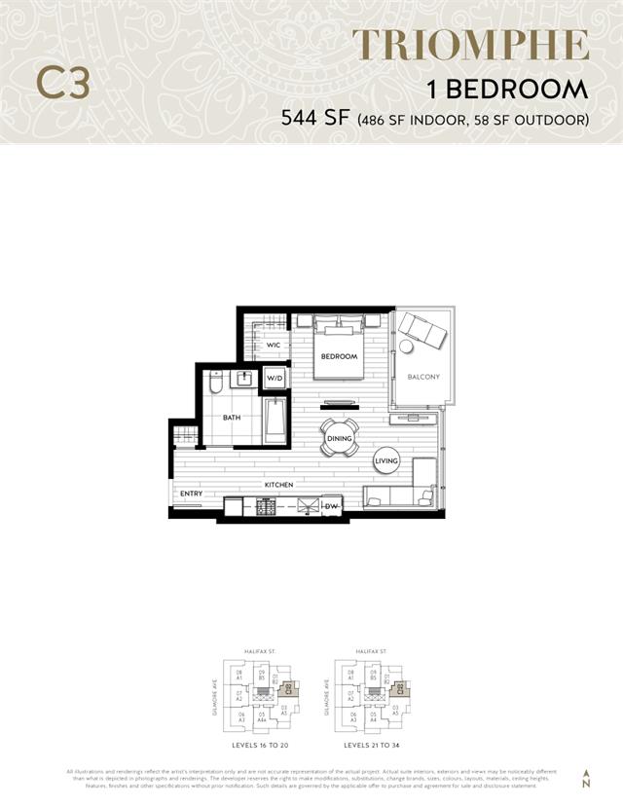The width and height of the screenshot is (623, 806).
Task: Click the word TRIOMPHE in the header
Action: (x=471, y=46)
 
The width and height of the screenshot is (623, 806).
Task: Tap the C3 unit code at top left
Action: (x=63, y=84)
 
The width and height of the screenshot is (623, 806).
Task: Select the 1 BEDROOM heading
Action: (x=508, y=90)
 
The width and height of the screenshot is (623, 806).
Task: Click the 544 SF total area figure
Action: (x=315, y=120)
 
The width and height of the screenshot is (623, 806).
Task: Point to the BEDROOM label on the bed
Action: (x=340, y=356)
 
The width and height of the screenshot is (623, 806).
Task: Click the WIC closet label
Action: (x=274, y=346)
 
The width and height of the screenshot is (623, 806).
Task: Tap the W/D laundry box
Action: (x=275, y=378)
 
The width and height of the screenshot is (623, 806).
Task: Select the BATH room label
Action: (x=232, y=418)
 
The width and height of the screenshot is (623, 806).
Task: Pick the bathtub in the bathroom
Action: (x=275, y=421)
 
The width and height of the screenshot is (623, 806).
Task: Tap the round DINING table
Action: (x=340, y=438)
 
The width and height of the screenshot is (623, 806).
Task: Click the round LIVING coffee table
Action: (x=386, y=460)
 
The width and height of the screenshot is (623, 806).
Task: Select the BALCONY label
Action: (x=423, y=377)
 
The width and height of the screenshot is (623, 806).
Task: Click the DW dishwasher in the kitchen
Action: (x=331, y=505)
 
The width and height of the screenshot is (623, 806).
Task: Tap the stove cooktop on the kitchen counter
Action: (x=267, y=505)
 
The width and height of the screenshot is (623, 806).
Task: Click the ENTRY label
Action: (x=191, y=494)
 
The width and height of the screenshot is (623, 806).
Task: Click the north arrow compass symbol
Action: (x=585, y=779)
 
